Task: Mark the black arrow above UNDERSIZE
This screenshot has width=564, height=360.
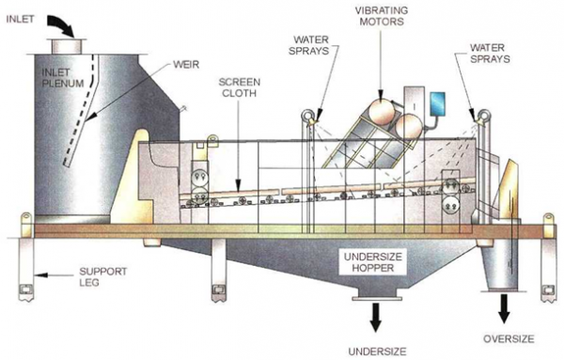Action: click(375, 316)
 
